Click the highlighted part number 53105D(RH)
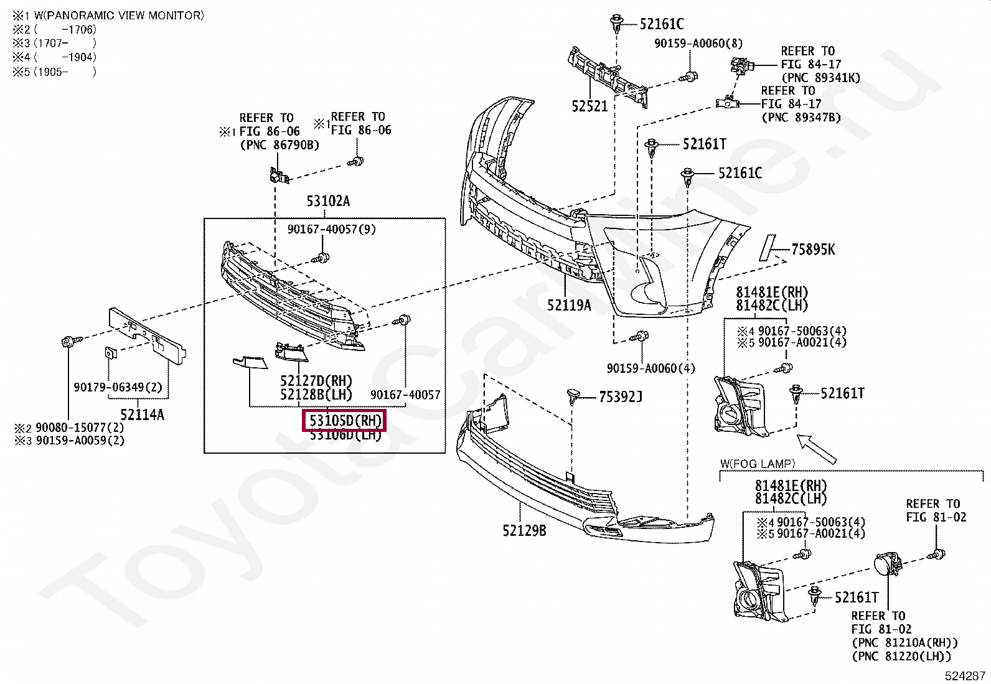[x=344, y=421]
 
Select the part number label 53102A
[x=327, y=201]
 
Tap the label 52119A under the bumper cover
[x=569, y=305]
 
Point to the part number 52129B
[x=524, y=530]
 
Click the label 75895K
[x=813, y=250]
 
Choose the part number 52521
[x=589, y=106]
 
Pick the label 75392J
[x=620, y=396]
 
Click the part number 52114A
[x=142, y=415]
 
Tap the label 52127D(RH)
[x=316, y=381]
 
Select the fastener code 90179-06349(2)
[x=118, y=387]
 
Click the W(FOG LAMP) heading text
[x=758, y=463]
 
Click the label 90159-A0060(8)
[x=698, y=44]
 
